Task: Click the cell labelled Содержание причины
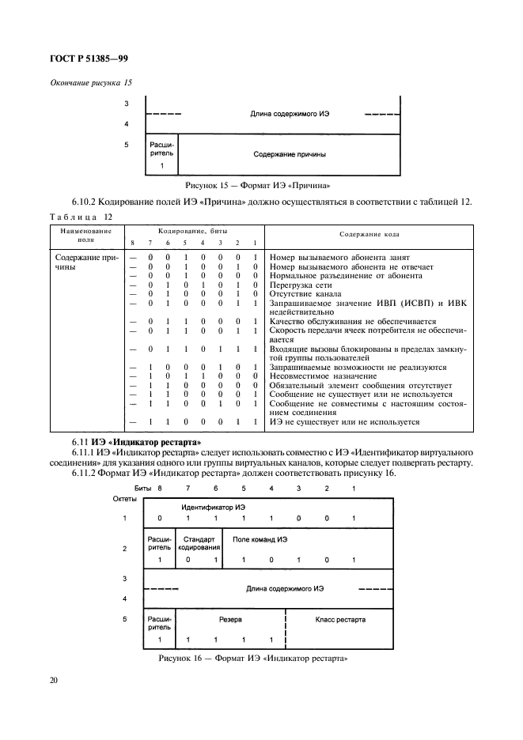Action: coord(290,154)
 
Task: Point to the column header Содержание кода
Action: coord(370,234)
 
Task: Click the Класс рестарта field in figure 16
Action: coord(340,620)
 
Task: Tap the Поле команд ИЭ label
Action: coord(260,539)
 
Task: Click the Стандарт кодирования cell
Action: coord(199,542)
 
